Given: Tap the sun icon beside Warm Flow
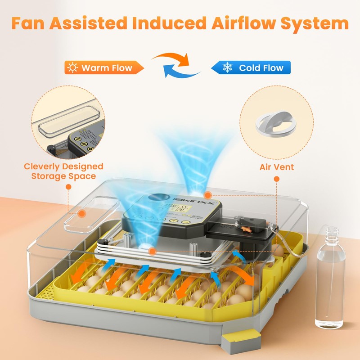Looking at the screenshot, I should [72, 68].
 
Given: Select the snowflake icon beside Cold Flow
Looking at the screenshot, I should [228, 68].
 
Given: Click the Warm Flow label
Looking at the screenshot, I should [107, 68].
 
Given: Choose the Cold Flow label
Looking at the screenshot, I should [261, 68].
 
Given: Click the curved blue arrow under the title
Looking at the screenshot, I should [180, 72].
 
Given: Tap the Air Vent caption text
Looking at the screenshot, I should [276, 167].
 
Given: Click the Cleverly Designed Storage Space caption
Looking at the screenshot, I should [63, 171].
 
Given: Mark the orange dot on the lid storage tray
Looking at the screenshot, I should [81, 214].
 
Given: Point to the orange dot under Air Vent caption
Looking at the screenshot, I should [276, 179].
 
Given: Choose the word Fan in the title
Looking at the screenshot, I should [28, 23].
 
